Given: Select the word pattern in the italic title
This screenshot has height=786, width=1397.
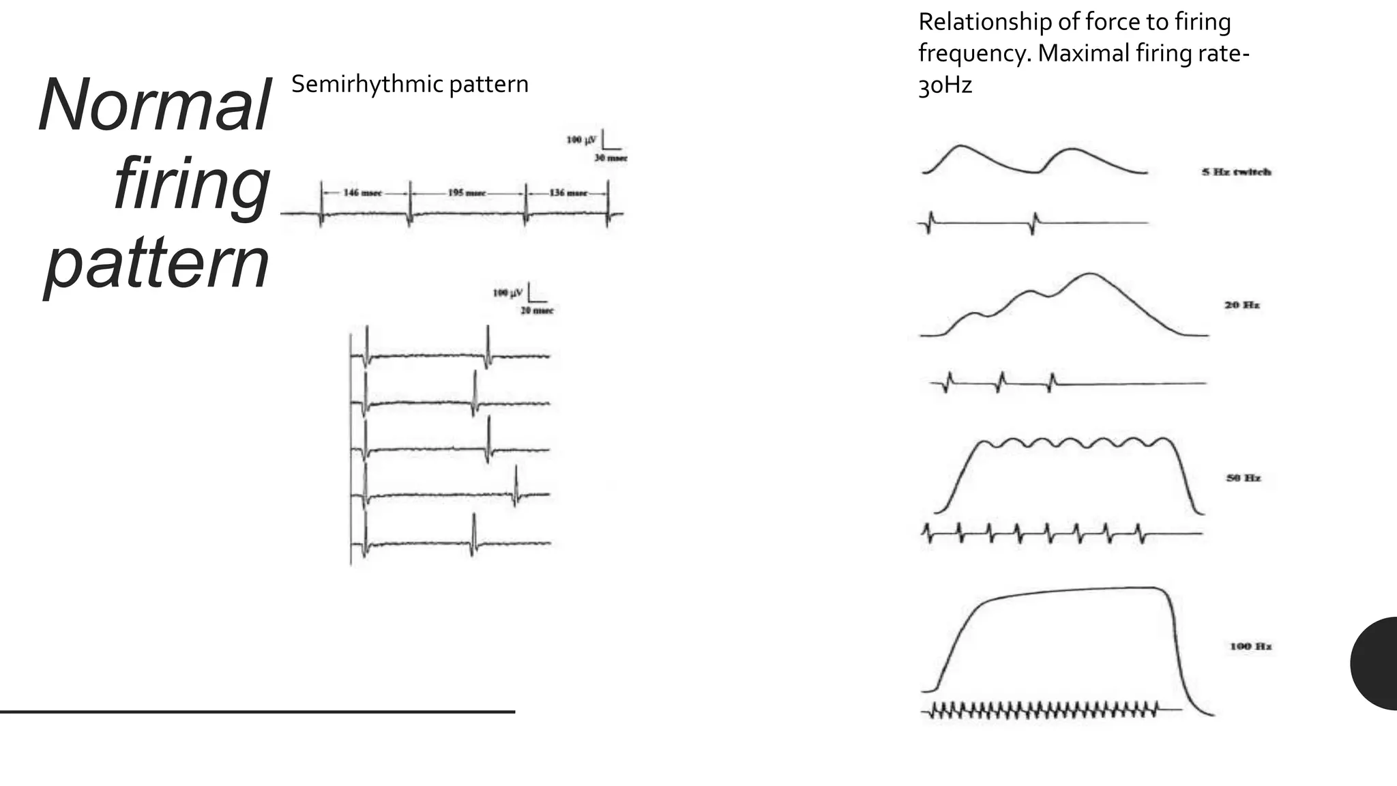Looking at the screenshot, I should pyautogui.click(x=157, y=263).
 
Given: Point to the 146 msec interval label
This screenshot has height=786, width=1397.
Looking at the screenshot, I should pyautogui.click(x=362, y=193).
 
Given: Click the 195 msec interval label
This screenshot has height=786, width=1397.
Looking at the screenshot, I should pyautogui.click(x=467, y=193).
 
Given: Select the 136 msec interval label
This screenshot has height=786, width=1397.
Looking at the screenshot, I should pyautogui.click(x=568, y=193).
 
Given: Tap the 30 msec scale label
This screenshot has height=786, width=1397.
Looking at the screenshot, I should pyautogui.click(x=610, y=158).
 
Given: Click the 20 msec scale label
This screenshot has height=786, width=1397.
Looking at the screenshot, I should pyautogui.click(x=537, y=311).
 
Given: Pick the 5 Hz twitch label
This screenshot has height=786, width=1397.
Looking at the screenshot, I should pyautogui.click(x=1236, y=172).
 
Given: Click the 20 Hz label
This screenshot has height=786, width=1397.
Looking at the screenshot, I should pyautogui.click(x=1241, y=305).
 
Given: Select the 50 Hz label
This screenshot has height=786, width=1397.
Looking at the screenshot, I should pyautogui.click(x=1243, y=478).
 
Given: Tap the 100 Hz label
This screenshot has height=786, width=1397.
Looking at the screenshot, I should pyautogui.click(x=1250, y=646).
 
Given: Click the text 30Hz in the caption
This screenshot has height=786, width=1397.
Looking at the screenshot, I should pyautogui.click(x=945, y=86).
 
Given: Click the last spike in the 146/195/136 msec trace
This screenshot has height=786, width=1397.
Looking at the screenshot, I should pyautogui.click(x=608, y=205).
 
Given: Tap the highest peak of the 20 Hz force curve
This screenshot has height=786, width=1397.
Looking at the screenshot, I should pyautogui.click(x=1089, y=274).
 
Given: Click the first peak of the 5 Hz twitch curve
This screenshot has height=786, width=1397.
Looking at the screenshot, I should pyautogui.click(x=960, y=146).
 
